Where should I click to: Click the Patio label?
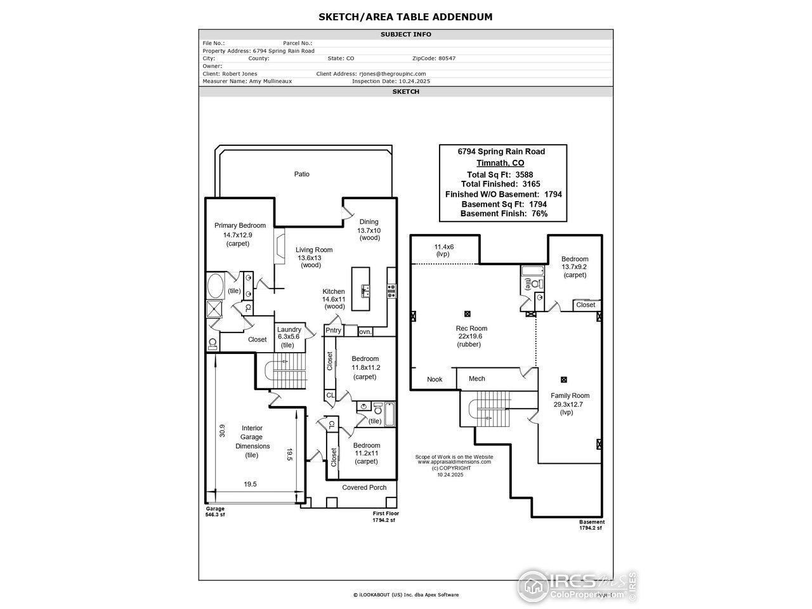[302, 174]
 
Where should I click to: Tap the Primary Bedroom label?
[240, 225]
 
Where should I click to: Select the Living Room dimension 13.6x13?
[310, 258]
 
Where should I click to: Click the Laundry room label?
[289, 329]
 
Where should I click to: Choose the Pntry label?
[333, 331]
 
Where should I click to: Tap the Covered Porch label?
[364, 487]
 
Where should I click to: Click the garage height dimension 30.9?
[222, 431]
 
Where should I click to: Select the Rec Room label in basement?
[471, 328]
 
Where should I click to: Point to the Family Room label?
[570, 396]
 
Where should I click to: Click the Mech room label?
[476, 379]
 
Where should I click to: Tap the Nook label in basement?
[435, 379]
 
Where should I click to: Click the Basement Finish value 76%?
[535, 214]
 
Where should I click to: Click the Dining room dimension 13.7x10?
[369, 230]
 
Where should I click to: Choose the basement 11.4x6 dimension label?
[443, 246]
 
